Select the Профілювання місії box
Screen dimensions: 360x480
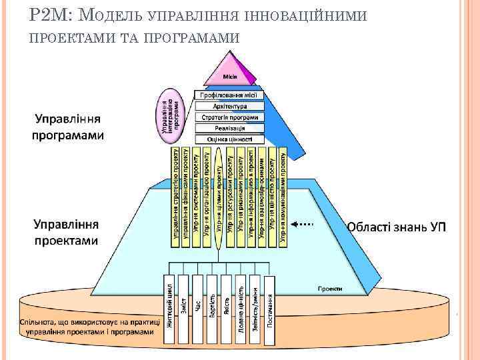tap(230, 95)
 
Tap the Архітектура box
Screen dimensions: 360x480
tap(230, 107)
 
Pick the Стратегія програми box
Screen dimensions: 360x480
tap(230, 117)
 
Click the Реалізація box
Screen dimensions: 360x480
tap(230, 128)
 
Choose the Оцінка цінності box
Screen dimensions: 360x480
tap(230, 139)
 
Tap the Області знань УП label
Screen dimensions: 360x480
tap(396, 227)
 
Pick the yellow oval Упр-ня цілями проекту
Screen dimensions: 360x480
tap(218, 200)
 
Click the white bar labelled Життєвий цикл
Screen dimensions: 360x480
tap(170, 311)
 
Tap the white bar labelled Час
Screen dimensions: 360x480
tap(198, 311)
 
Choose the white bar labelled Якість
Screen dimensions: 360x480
tap(227, 311)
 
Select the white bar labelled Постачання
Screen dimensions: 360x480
tap(269, 311)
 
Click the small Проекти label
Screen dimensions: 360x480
tap(329, 289)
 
